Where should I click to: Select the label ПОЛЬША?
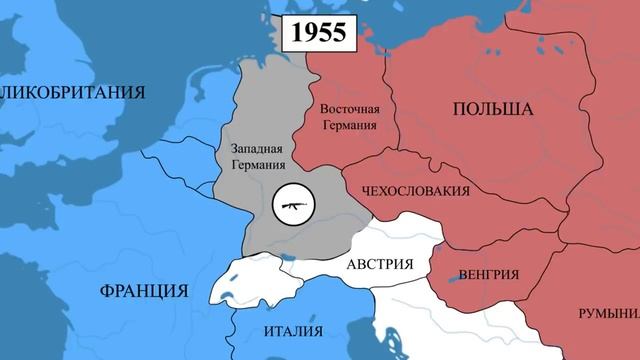coord(493,109)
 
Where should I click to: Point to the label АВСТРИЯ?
coord(380,266)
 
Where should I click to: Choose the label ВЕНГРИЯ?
coord(488,274)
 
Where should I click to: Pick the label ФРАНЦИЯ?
coord(144,292)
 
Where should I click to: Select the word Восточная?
coord(349,109)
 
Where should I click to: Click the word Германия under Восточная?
coord(349,126)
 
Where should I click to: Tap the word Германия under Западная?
coord(257,166)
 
